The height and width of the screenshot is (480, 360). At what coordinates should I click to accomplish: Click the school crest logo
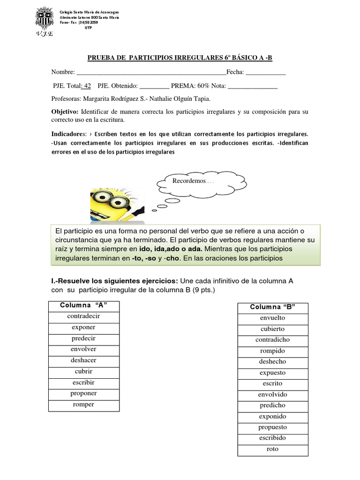coord(46,21)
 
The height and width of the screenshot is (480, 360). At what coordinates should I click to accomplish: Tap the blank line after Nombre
coord(150,73)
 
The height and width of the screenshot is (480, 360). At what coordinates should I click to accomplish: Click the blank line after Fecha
coord(265,73)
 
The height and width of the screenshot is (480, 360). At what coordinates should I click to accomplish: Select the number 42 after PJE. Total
coord(86,86)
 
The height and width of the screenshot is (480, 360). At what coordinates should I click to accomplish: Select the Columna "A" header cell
coord(84,306)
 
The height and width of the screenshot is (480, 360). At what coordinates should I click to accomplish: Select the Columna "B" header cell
coord(272,307)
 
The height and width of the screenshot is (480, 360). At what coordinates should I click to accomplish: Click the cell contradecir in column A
coord(84,316)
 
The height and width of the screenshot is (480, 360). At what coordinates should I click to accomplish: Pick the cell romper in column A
coord(84,405)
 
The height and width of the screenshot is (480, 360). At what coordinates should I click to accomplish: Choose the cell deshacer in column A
coord(84,360)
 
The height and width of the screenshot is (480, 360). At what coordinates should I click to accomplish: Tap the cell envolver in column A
coord(84,349)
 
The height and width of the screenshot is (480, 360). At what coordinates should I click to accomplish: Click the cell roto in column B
coord(272,449)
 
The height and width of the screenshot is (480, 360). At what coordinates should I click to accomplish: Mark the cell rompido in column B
coord(272,351)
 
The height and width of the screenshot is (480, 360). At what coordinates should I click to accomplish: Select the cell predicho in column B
coord(272,405)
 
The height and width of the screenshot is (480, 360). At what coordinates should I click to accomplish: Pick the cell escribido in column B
coord(272,438)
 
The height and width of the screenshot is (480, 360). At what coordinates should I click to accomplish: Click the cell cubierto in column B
coord(272,329)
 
